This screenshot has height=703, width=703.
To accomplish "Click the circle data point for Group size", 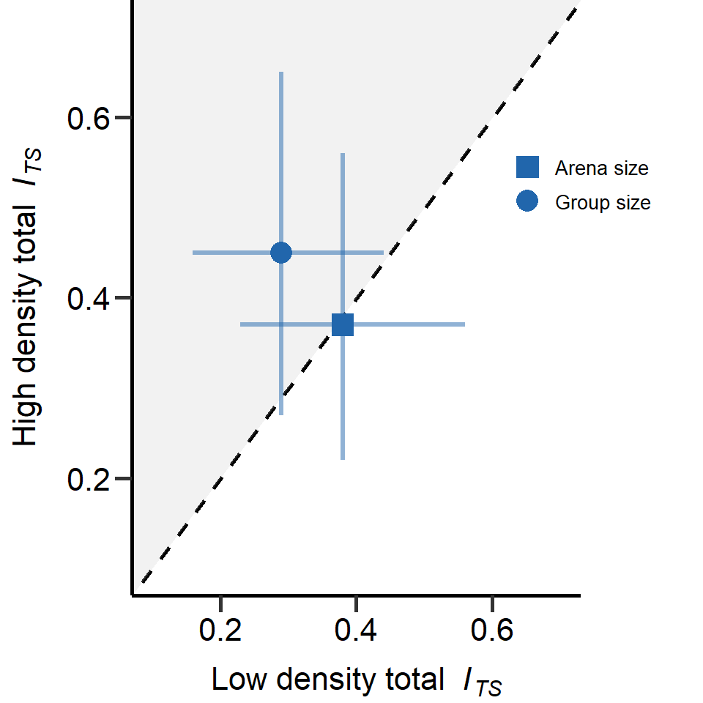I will [x=281, y=253].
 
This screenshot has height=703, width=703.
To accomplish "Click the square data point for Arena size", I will [x=343, y=324].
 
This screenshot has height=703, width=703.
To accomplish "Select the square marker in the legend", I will [x=527, y=168].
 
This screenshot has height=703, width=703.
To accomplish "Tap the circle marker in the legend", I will [x=527, y=201].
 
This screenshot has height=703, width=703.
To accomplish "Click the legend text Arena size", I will [x=601, y=168].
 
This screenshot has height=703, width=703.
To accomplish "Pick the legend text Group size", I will [x=603, y=202].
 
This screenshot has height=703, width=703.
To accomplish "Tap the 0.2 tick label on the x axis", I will [x=220, y=629].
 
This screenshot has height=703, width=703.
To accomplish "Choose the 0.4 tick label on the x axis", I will [x=356, y=629].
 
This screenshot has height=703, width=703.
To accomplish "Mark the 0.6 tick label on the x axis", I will [x=492, y=629].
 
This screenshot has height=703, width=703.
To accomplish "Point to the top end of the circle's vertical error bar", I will [x=281, y=72].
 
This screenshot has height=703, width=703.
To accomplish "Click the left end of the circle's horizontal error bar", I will [x=193, y=253].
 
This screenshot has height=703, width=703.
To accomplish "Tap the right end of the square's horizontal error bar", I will [x=464, y=324].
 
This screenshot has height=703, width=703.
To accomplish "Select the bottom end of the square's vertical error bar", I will [x=343, y=459].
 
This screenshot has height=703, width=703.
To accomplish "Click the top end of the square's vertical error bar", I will [x=343, y=154].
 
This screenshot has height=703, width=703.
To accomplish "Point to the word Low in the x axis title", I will [x=234, y=680].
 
